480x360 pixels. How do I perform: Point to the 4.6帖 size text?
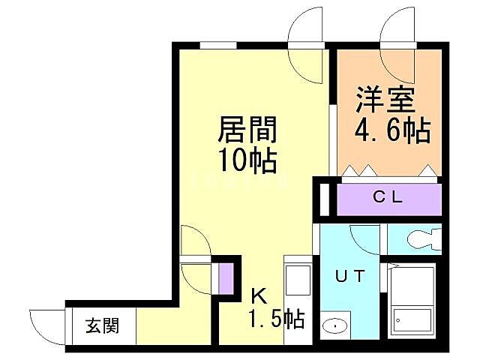click(392, 132)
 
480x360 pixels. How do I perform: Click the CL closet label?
click(388, 198)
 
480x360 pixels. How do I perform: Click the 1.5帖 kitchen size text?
click(276, 320)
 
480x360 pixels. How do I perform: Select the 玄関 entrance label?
click(100, 326)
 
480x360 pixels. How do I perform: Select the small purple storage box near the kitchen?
click(225, 277)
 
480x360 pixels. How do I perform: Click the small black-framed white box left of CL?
click(324, 199)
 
